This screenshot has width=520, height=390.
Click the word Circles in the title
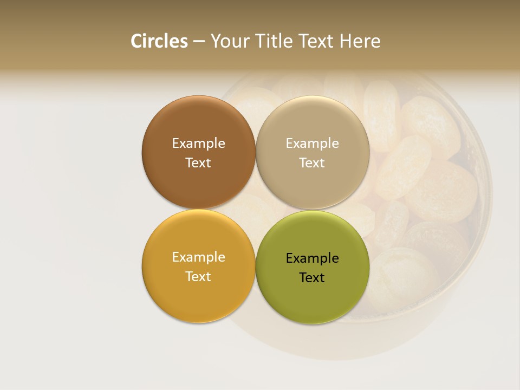159,41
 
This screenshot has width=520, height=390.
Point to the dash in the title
199,42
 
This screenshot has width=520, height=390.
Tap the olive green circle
313,298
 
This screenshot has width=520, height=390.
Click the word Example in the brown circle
198,143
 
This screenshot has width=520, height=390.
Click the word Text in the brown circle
198,162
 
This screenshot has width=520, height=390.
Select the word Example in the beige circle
313,143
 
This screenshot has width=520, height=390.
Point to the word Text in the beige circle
313,162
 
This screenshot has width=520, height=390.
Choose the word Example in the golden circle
198,257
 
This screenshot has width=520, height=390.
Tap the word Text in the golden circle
198,276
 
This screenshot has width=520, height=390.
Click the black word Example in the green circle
313,258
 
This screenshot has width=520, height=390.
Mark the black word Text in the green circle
312,277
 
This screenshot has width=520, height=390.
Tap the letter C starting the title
136,41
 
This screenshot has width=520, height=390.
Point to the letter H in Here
345,41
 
